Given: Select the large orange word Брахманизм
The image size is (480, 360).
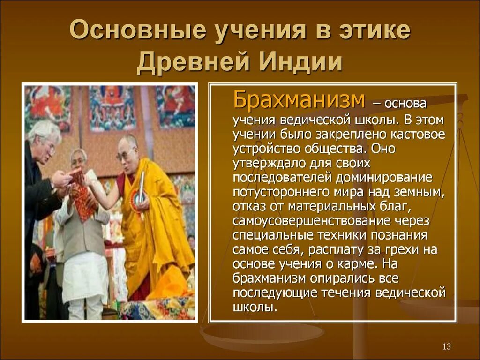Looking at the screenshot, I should click(x=299, y=99).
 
